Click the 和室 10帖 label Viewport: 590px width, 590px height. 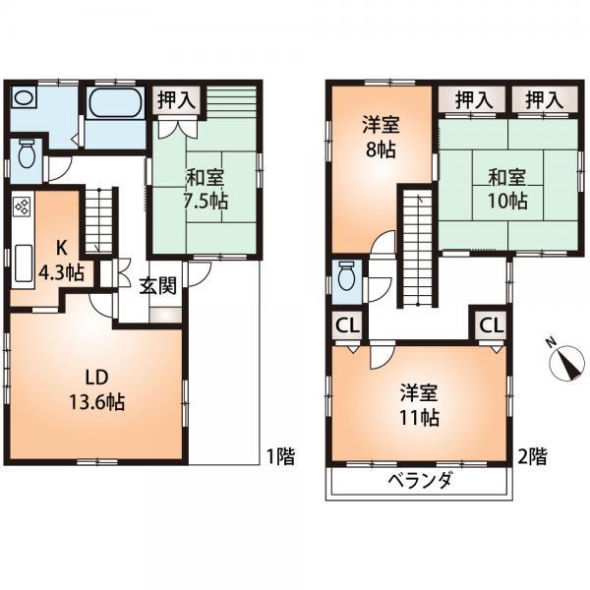506,189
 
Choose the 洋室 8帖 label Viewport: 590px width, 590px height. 379,139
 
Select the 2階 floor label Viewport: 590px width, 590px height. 534,456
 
